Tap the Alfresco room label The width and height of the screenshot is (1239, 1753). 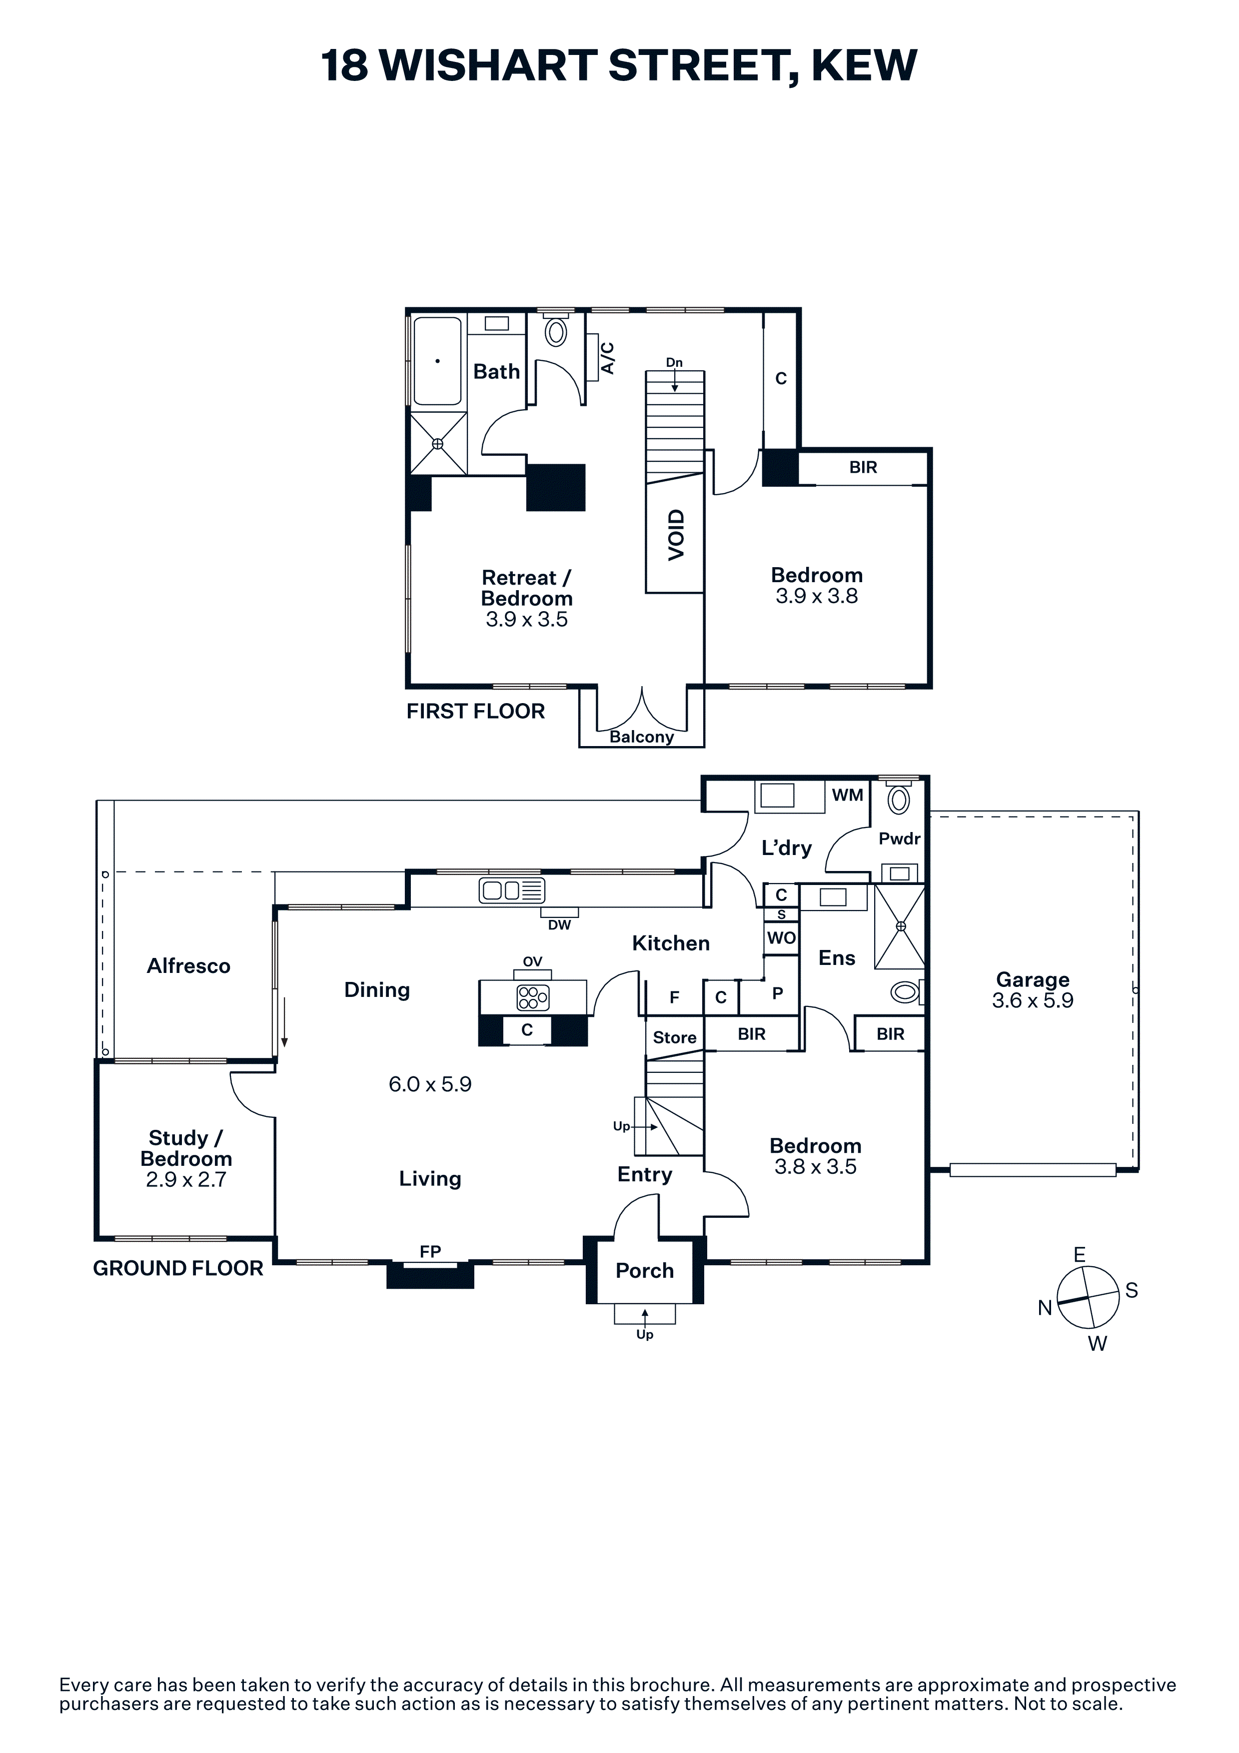188,966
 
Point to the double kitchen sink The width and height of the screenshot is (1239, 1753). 511,890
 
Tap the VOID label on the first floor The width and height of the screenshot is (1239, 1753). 676,535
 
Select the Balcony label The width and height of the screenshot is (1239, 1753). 641,737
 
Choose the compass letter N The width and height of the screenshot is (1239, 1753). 1045,1308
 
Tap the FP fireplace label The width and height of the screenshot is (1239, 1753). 430,1251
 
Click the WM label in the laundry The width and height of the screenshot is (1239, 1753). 847,795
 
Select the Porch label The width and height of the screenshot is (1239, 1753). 645,1270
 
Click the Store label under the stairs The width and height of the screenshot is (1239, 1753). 675,1037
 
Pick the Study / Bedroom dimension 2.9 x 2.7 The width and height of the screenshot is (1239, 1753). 186,1180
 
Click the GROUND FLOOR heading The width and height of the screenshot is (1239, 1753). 178,1268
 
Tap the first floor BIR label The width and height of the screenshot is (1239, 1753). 864,467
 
